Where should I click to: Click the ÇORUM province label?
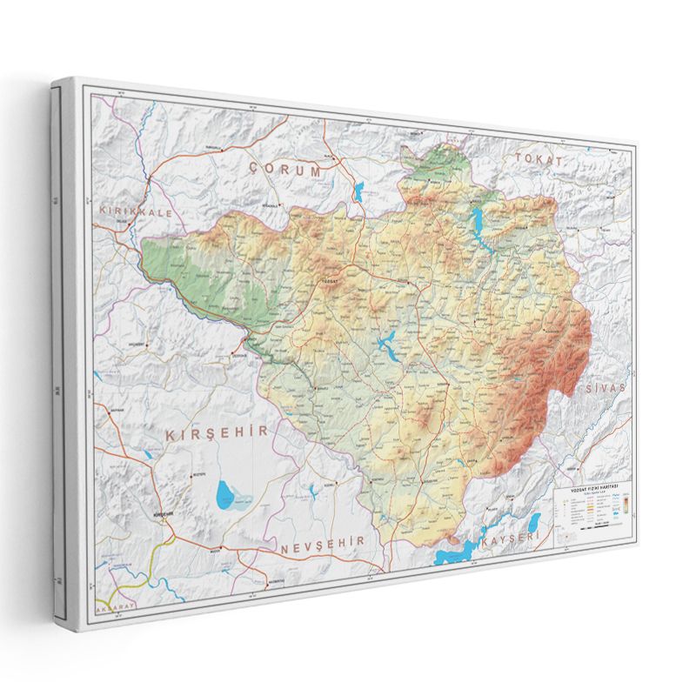point(284,170)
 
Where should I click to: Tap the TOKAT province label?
point(539,159)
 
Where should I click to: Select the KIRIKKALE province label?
point(137,211)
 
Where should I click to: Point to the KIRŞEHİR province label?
point(211,432)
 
